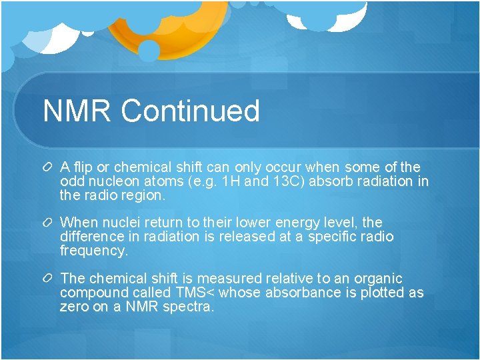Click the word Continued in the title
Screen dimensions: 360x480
tap(190, 111)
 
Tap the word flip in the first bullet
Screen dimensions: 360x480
tap(83, 167)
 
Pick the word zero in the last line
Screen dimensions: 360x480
tap(74, 307)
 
